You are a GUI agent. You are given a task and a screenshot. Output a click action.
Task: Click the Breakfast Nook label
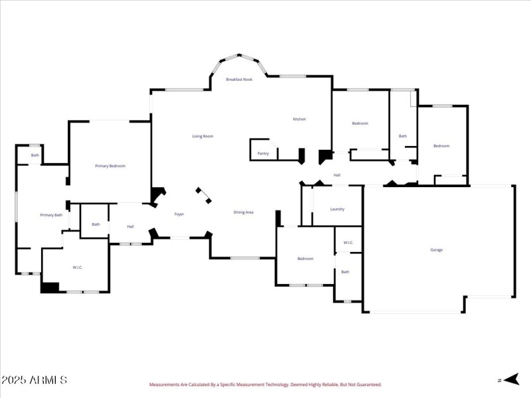point(239,80)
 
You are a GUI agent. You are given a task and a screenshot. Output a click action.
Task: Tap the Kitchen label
point(299,119)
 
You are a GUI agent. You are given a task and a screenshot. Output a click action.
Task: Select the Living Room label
point(202,137)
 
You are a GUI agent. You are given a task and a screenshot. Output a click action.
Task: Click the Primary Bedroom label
point(110,166)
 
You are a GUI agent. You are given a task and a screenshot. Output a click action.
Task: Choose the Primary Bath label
point(51,215)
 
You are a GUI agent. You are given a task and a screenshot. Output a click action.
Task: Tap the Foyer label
point(179,214)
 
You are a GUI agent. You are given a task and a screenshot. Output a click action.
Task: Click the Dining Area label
point(244,212)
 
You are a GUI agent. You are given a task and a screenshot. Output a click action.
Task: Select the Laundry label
point(337,209)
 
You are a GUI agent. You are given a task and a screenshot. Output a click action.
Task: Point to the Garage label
point(436,250)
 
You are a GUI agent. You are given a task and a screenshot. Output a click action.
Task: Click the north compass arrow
point(510,379)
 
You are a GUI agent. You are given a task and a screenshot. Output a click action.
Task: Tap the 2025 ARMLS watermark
point(34,380)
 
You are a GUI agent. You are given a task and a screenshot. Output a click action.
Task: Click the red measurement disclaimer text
point(265,384)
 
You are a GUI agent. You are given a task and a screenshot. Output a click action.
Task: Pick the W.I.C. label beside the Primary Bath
point(77,267)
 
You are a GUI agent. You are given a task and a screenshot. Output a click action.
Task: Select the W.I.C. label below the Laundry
point(347,243)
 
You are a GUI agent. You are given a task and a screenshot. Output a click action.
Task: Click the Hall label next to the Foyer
point(130,227)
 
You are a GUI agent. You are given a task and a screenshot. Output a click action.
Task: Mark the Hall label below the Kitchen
point(337,175)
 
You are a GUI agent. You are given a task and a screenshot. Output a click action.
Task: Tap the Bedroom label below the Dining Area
point(305,259)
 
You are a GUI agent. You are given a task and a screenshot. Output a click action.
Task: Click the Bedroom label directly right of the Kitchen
point(360,123)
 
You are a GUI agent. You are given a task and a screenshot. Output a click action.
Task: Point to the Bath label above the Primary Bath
point(35,155)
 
